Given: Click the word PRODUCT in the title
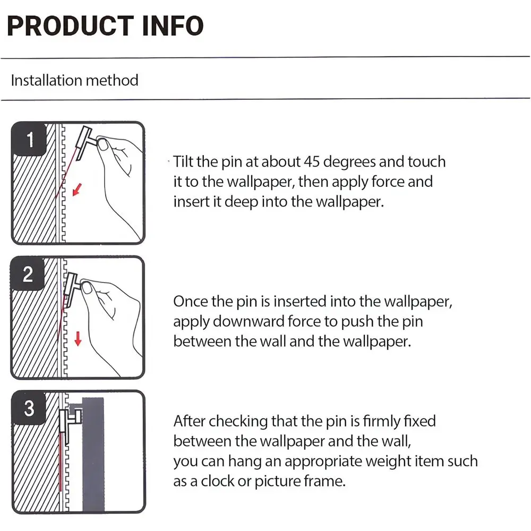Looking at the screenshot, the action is point(70,25).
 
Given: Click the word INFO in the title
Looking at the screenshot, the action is point(173,25).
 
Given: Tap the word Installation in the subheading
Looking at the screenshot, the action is point(47,81).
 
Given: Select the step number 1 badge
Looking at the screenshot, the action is point(29,139).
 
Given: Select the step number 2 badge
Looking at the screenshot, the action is point(28,273).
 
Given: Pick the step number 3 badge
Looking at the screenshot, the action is point(29,408).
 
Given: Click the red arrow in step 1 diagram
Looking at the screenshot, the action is point(77,190).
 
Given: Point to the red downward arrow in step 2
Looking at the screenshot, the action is point(78,339).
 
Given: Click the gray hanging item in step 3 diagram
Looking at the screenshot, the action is point(93,454).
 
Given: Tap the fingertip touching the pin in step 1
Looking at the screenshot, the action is point(102,145).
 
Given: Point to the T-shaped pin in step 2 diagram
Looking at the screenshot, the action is point(72,288).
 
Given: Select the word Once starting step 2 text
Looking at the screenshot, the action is point(190,302).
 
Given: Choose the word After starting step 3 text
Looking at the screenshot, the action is point(190,421).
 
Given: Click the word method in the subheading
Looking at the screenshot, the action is point(112,81).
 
